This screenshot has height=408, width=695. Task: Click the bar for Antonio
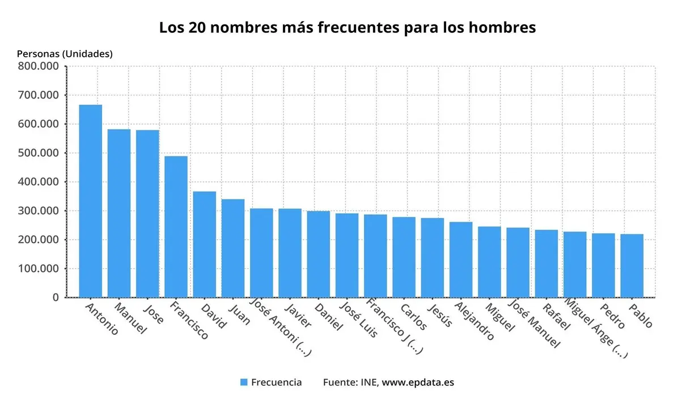click(x=90, y=201)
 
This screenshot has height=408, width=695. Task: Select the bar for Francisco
click(x=176, y=227)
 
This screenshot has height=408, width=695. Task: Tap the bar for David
click(x=204, y=244)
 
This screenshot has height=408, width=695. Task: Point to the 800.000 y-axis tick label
click(x=38, y=66)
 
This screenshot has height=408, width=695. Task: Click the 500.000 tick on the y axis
click(x=38, y=153)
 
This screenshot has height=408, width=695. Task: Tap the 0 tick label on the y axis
click(x=55, y=297)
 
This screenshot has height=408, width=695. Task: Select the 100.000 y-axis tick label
click(x=38, y=268)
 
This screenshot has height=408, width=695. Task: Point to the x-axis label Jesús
click(x=440, y=315)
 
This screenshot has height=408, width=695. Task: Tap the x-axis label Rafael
click(x=556, y=316)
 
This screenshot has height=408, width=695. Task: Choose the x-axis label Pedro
click(x=613, y=316)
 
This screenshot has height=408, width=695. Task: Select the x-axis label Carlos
click(x=413, y=316)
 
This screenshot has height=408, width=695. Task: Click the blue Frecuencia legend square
click(x=244, y=382)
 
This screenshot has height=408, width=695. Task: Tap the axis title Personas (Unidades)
click(x=65, y=54)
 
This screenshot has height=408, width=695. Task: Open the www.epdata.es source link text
click(x=418, y=382)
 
